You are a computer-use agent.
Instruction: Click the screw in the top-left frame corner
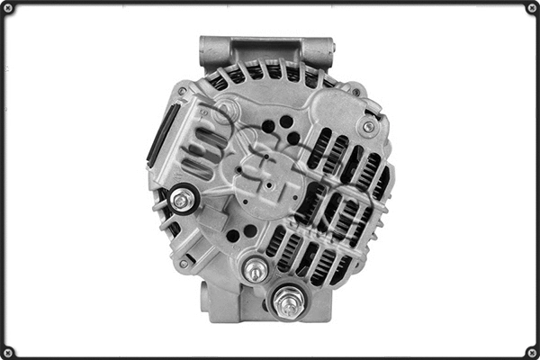tap(8, 8)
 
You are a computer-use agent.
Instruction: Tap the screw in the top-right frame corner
tap(532, 8)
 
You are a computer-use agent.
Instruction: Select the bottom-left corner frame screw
tap(8, 352)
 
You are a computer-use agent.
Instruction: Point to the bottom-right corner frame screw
tap(532, 352)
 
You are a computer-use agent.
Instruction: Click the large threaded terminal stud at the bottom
tap(288, 302)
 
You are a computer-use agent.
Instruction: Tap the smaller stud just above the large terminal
tap(256, 268)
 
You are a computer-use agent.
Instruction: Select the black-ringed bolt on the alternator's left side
tap(183, 200)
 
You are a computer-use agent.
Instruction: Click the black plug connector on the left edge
tap(162, 136)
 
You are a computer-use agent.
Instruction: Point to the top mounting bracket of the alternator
tap(265, 49)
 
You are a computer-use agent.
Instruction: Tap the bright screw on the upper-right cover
tap(368, 127)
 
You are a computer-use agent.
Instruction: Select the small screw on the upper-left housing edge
tap(183, 91)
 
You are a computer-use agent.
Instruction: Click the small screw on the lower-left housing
tap(184, 263)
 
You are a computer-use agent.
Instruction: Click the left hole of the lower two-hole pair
tap(233, 236)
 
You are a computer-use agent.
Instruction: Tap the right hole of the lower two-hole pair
tap(250, 230)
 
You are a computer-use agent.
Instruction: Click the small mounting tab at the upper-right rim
tap(356, 90)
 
